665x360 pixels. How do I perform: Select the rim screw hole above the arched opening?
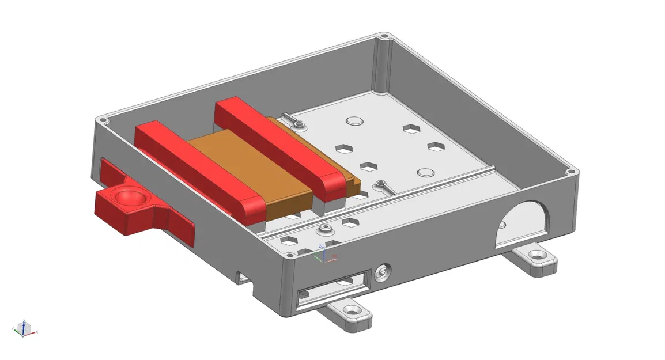pyautogui.click(x=570, y=172)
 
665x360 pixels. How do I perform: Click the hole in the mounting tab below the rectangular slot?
pyautogui.click(x=351, y=311)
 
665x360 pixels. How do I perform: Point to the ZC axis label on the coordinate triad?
pyautogui.click(x=321, y=246)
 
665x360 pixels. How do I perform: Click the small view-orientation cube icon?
pyautogui.click(x=22, y=329)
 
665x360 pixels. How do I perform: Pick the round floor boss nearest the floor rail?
pyautogui.click(x=425, y=173)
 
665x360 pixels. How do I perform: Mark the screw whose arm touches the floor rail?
pyautogui.click(x=382, y=185)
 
